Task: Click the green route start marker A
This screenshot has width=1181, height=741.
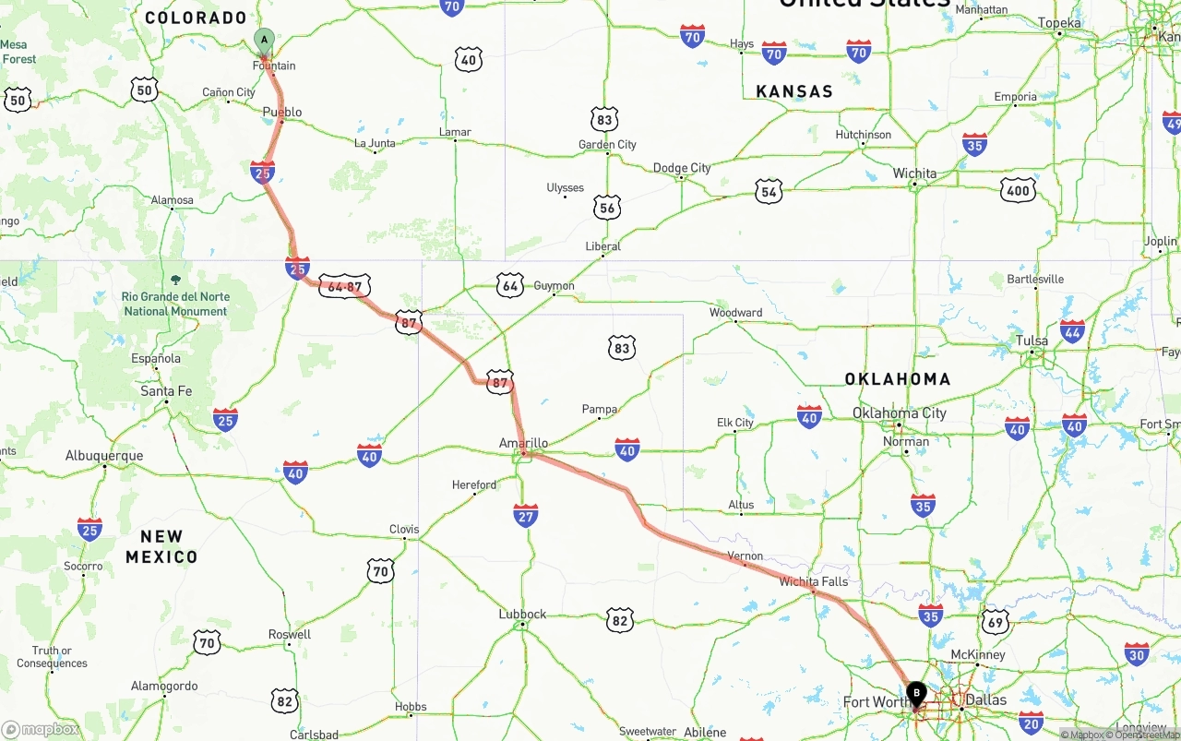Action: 265,40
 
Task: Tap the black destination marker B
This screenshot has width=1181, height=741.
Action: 916,692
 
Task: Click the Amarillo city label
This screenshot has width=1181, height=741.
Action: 523,444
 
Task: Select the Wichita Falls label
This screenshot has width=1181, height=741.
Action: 813,581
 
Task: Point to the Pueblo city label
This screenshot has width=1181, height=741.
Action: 282,113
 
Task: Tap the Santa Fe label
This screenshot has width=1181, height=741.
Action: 166,391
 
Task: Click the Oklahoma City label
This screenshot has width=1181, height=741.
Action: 899,412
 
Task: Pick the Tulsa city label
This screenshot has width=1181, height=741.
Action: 1032,341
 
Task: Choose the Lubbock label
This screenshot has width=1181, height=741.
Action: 522,614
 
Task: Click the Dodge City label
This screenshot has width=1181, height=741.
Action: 682,168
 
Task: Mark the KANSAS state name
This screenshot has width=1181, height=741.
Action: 794,91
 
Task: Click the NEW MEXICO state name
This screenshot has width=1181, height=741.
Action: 161,546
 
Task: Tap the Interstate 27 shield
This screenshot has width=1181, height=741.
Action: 526,515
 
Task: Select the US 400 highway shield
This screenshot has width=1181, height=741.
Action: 1017,191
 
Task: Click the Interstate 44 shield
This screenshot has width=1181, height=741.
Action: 1072,331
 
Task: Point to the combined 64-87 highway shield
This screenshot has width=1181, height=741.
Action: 345,286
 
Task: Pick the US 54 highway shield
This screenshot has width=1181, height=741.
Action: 769,191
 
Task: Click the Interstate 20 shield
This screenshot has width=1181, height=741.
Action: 1031,722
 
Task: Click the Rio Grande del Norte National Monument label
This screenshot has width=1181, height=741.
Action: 175,304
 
